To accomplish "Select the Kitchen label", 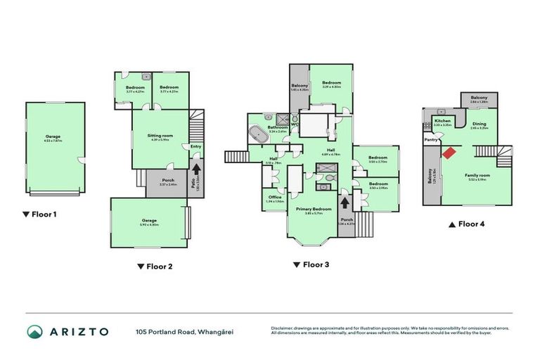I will (442, 121).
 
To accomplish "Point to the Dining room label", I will (480, 124).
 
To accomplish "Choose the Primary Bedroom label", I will (314, 210).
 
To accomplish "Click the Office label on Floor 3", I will (274, 197).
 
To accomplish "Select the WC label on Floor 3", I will (294, 126).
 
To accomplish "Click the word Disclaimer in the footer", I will (282, 328).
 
